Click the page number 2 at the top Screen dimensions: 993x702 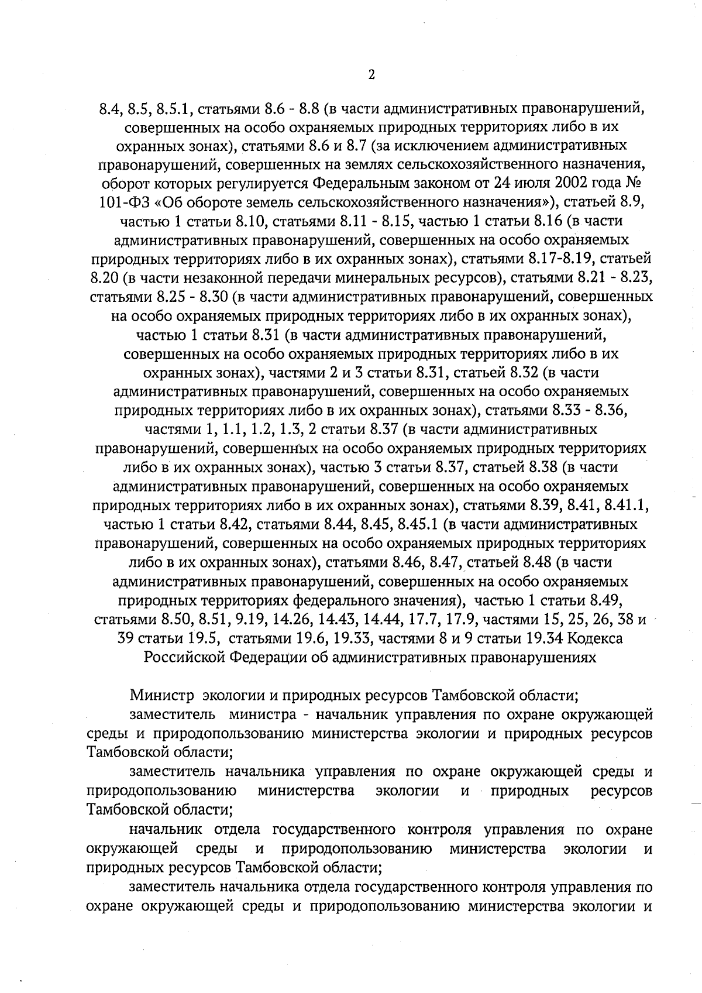pos(371,74)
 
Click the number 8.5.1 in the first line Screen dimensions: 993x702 pos(176,109)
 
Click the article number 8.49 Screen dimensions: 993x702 pos(606,601)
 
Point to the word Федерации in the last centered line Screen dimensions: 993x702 pos(269,658)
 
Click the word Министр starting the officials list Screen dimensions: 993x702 pos(163,696)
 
